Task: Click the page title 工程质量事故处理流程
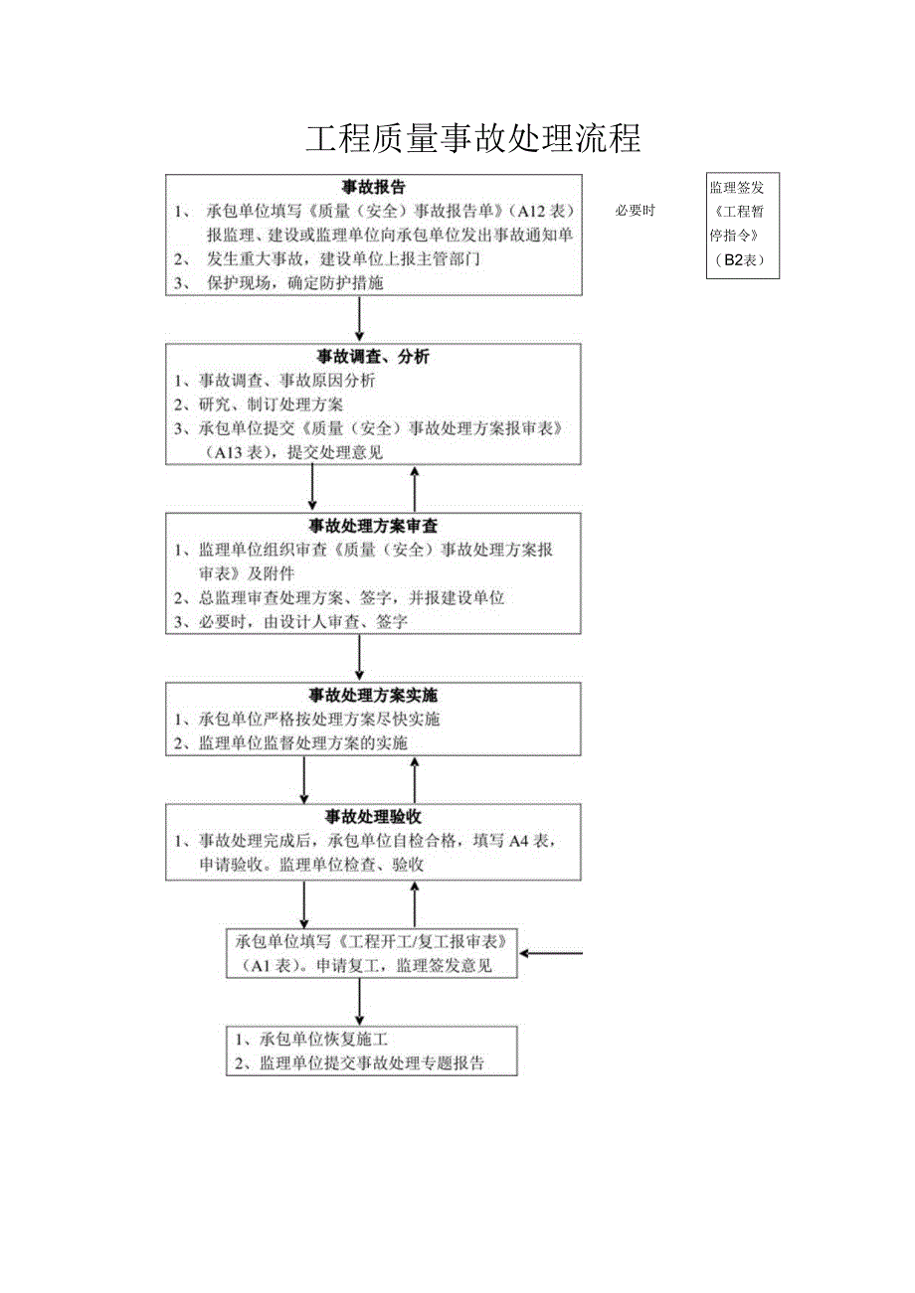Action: (x=472, y=139)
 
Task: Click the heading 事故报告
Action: (x=374, y=187)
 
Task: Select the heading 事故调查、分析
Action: (x=374, y=356)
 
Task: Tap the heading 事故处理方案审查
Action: (x=374, y=526)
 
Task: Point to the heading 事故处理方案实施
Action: (x=374, y=695)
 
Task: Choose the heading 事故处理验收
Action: (x=374, y=816)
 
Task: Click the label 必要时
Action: (x=635, y=211)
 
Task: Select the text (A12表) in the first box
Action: (x=540, y=211)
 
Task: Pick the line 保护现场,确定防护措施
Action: (x=293, y=283)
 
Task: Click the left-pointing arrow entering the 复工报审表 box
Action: (x=552, y=954)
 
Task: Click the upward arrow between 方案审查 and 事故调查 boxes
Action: (x=415, y=487)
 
